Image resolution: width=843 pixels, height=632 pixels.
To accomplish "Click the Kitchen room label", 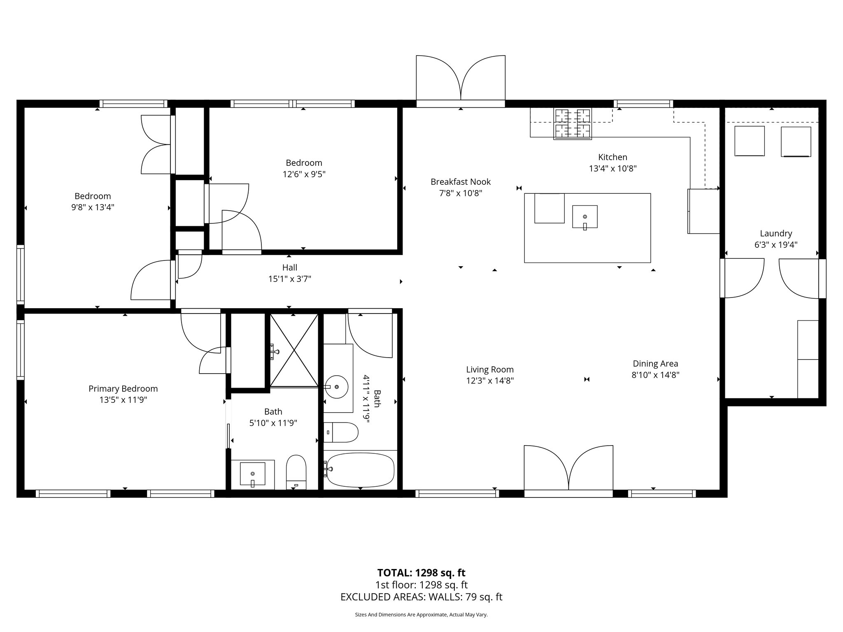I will pyautogui.click(x=612, y=157).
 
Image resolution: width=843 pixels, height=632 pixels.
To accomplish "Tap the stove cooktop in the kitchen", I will pyautogui.click(x=572, y=123).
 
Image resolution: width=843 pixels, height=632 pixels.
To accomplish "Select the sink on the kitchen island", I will pyautogui.click(x=585, y=217).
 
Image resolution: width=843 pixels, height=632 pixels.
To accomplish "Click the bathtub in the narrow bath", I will pyautogui.click(x=361, y=470).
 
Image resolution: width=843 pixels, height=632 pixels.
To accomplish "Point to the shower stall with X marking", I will pyautogui.click(x=294, y=350).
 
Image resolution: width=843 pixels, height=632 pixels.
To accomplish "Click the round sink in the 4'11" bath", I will pyautogui.click(x=337, y=387).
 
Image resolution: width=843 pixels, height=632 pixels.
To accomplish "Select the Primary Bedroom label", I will pyautogui.click(x=123, y=389).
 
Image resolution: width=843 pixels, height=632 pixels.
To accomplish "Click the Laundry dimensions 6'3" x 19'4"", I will pyautogui.click(x=775, y=245).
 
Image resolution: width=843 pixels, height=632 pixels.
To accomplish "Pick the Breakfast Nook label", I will pyautogui.click(x=461, y=182).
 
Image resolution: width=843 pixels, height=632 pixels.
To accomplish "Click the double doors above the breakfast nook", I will pyautogui.click(x=461, y=80).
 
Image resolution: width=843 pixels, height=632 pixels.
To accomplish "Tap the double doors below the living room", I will pyautogui.click(x=568, y=469).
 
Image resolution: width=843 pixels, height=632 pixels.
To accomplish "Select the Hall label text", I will pyautogui.click(x=289, y=268).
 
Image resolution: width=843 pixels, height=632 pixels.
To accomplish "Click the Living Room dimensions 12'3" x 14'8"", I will pyautogui.click(x=490, y=381).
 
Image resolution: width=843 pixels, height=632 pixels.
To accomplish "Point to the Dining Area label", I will pyautogui.click(x=655, y=364).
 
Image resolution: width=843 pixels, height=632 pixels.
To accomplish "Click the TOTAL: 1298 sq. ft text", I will pyautogui.click(x=421, y=573).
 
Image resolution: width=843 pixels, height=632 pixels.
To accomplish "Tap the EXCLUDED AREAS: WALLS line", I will pyautogui.click(x=421, y=597).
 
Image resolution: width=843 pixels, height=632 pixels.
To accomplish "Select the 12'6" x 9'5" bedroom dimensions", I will pyautogui.click(x=304, y=174).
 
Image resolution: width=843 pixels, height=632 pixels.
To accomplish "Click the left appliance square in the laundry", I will pyautogui.click(x=750, y=141).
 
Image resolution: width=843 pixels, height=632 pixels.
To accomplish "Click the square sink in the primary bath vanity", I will pyautogui.click(x=252, y=474).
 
